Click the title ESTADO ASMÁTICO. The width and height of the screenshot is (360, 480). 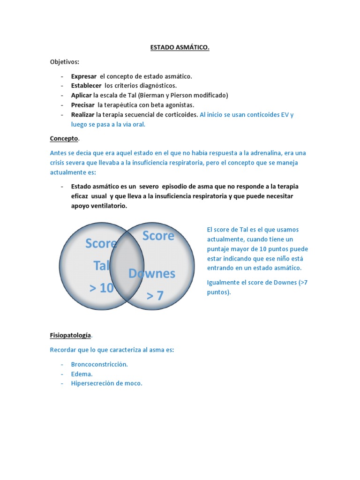click(180, 48)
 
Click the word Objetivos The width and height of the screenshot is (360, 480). click(65, 62)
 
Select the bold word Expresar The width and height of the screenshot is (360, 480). click(84, 76)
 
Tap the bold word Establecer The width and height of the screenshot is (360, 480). click(86, 86)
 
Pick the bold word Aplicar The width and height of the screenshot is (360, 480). click(82, 95)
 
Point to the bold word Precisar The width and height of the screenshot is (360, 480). click(83, 105)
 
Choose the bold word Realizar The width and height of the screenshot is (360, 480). click(83, 114)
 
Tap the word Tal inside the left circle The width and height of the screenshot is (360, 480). click(101, 266)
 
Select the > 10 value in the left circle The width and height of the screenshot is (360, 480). click(101, 288)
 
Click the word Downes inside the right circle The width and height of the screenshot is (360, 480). click(152, 274)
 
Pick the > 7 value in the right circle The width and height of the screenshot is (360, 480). click(155, 296)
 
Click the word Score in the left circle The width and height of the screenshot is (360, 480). click(101, 244)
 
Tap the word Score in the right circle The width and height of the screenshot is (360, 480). click(158, 236)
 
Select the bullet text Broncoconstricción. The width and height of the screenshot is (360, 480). click(99, 364)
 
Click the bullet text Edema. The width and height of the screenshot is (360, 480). click(82, 374)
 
